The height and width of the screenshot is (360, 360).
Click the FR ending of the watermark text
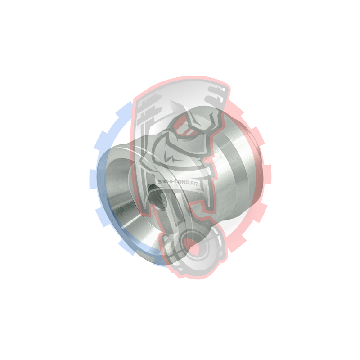click(194, 183)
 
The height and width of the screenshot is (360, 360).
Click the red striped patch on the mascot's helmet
click(184, 129)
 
